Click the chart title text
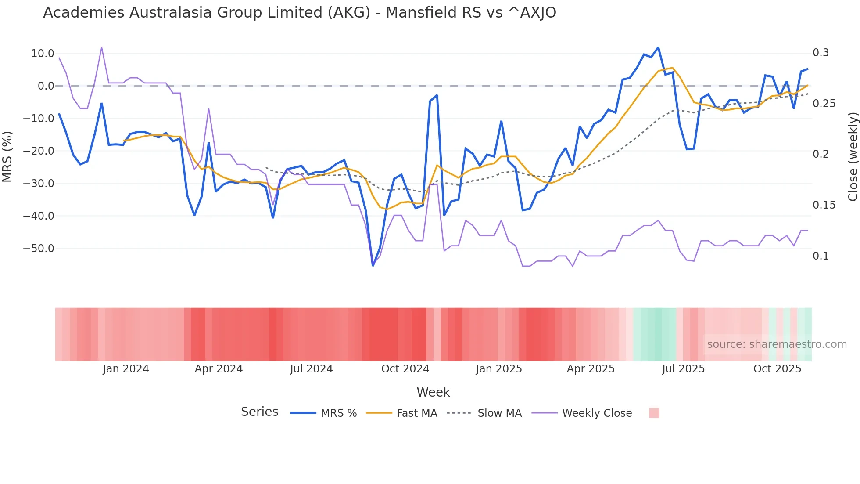coord(299,13)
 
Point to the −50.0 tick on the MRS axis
coord(39,249)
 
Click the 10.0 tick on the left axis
coord(43,54)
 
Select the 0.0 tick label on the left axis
coord(46,86)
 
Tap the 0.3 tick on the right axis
coord(821,53)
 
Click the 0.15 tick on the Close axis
coord(824,205)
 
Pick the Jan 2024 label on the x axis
coord(126,369)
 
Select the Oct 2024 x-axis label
coord(405,369)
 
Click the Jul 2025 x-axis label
coord(683,369)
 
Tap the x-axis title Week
coord(433,392)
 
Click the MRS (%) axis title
coord(7,157)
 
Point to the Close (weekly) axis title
coord(853,157)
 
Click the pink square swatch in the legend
coord(654,413)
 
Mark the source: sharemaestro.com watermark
coord(777,344)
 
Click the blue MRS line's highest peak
coord(658,47)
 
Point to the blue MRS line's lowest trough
coord(373,265)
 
